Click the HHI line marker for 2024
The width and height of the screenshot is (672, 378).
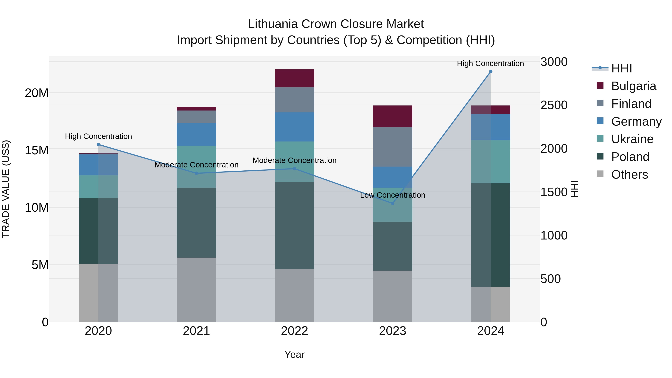click(x=491, y=71)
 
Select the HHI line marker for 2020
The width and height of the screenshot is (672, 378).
click(x=98, y=144)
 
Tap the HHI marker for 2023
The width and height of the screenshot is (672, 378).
click(x=393, y=203)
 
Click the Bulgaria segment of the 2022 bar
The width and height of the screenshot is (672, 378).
click(x=295, y=78)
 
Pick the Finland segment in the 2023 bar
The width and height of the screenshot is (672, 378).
click(x=393, y=147)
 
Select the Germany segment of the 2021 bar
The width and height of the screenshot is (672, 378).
click(x=196, y=134)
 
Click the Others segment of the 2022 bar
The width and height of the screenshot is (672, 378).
click(x=295, y=295)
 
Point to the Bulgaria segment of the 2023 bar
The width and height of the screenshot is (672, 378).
click(x=393, y=116)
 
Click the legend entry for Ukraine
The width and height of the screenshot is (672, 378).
click(x=632, y=139)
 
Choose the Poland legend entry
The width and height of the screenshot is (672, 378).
click(x=630, y=157)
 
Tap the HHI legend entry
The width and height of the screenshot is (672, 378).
click(x=621, y=68)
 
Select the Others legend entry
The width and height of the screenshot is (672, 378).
click(x=629, y=175)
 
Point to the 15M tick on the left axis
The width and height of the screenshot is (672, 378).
click(x=37, y=150)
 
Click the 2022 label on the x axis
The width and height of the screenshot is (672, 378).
click(x=295, y=331)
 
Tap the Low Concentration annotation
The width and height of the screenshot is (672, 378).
click(x=393, y=195)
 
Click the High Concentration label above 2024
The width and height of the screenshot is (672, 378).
click(x=490, y=63)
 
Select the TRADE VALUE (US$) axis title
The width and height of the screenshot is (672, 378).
click(x=6, y=189)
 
